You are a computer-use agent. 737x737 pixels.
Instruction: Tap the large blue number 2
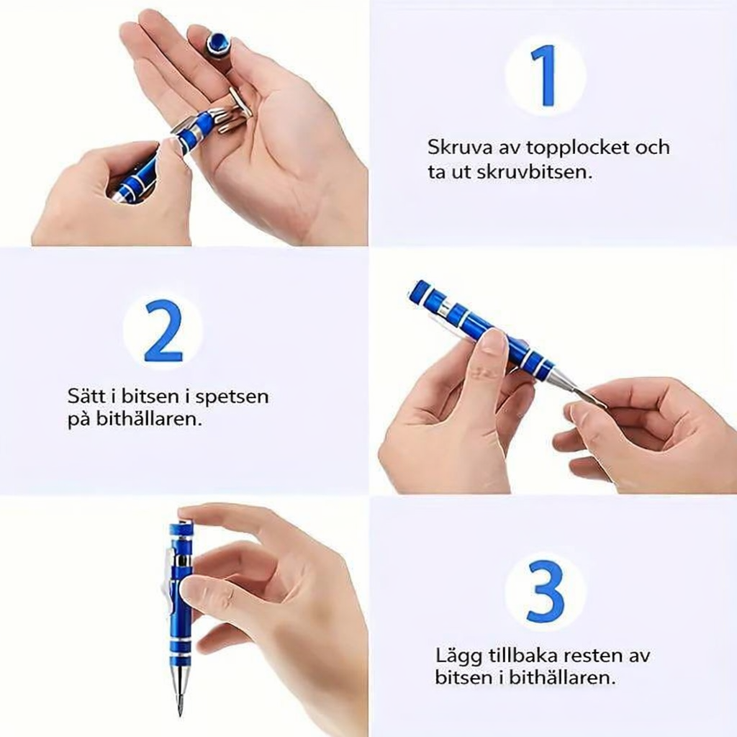[163, 330]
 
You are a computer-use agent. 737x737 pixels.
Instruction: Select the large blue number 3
[546, 591]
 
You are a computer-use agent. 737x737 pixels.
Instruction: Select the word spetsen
[232, 397]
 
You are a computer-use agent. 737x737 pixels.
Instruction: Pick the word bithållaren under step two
[149, 419]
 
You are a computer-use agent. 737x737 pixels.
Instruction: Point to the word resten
[592, 656]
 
